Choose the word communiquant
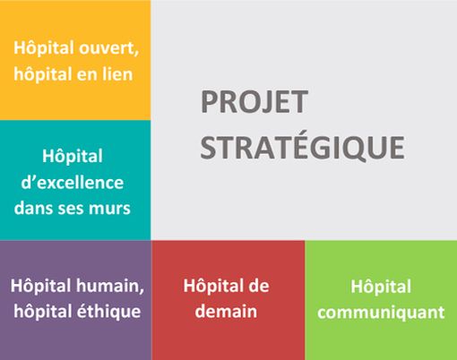pyautogui.click(x=382, y=313)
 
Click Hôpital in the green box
pyautogui.click(x=381, y=287)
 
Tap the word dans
pyautogui.click(x=39, y=209)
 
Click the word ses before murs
pyautogui.click(x=77, y=209)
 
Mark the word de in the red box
pyautogui.click(x=256, y=286)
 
